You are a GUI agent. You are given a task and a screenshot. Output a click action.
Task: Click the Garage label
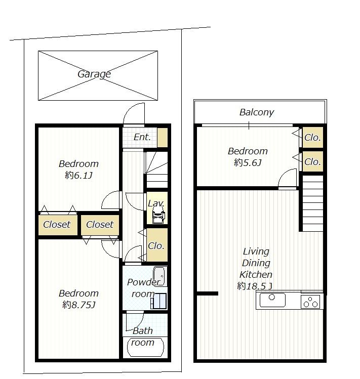pos(94,74)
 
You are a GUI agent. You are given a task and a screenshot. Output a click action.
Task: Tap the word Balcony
pos(256,112)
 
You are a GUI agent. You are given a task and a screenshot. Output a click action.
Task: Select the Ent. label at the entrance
pos(142,137)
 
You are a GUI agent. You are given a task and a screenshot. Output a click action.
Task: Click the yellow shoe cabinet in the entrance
pos(162,138)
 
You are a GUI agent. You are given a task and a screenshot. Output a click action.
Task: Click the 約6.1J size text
pos(78,176)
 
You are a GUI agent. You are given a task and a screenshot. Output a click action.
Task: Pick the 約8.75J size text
pos(78,305)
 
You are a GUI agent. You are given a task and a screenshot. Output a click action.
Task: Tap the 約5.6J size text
pos(247,163)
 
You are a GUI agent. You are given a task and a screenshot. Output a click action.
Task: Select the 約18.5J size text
pos(255,286)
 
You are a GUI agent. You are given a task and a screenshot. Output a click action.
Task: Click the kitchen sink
pos(272,301)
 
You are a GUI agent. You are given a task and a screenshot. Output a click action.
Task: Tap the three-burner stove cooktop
pos(311,301)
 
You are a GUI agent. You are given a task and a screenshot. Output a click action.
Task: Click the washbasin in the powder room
pos(159,276)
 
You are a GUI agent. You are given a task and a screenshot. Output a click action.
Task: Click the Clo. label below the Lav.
pos(156,246)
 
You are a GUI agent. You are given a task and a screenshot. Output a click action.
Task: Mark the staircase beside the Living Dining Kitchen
pos(312,202)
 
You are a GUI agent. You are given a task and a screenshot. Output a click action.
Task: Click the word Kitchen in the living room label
pos(256,275)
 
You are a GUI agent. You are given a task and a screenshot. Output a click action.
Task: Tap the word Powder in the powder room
pos(143,282)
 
